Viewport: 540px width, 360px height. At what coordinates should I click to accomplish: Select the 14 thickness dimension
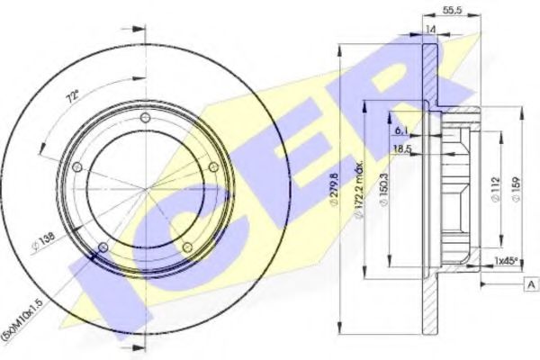click(432, 29)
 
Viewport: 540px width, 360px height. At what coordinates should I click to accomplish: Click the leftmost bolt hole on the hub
click(77, 167)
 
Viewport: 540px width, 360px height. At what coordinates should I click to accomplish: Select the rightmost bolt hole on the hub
click(212, 167)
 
